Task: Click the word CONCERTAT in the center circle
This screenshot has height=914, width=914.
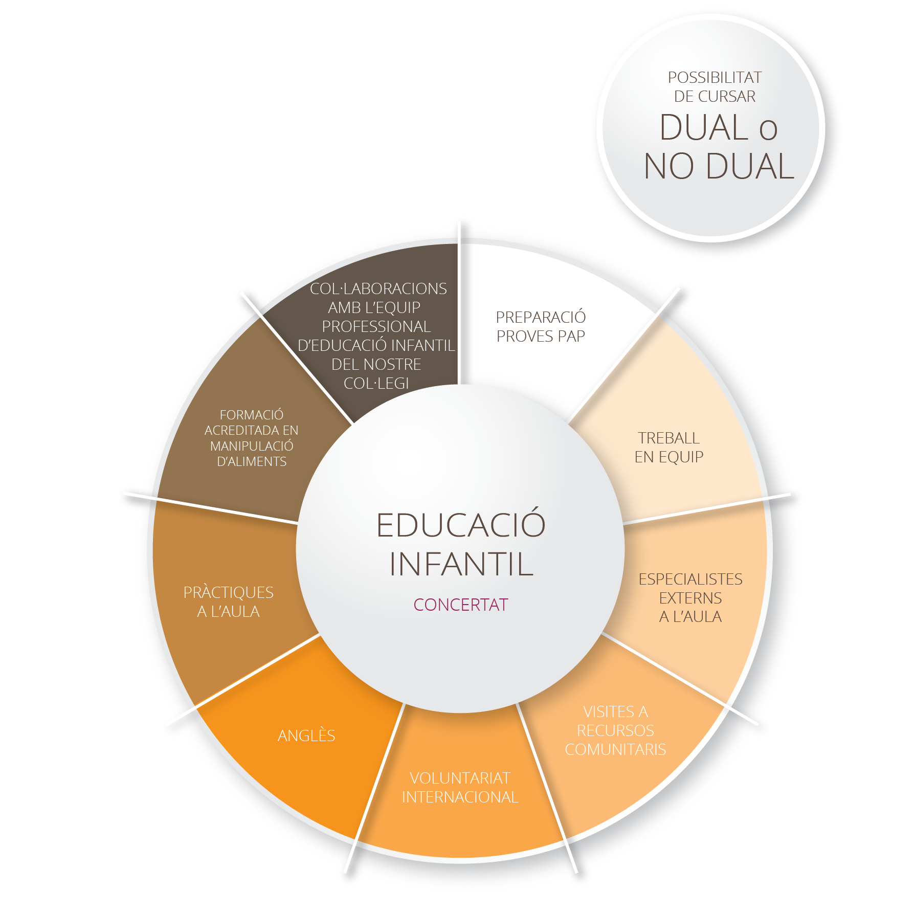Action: (460, 605)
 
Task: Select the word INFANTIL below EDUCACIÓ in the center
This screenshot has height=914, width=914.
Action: (461, 564)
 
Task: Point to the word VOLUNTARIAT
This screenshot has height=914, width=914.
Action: (460, 778)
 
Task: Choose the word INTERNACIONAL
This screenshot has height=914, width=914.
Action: (460, 797)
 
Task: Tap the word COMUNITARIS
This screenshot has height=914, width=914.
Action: (615, 749)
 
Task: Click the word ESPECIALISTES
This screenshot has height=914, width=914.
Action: (690, 579)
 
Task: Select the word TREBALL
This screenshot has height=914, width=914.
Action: (669, 438)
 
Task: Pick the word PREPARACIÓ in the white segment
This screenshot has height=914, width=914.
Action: (541, 317)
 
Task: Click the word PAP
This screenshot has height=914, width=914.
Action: (571, 336)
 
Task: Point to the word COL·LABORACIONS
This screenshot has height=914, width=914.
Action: (378, 288)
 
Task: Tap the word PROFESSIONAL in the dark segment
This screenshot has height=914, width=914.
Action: (376, 326)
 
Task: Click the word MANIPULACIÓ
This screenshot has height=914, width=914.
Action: (252, 445)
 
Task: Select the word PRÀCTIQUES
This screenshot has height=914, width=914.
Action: (229, 592)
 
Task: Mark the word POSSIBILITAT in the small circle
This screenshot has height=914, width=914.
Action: (715, 77)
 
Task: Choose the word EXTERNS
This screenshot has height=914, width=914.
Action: (690, 598)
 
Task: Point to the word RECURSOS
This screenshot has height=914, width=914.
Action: (615, 730)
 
